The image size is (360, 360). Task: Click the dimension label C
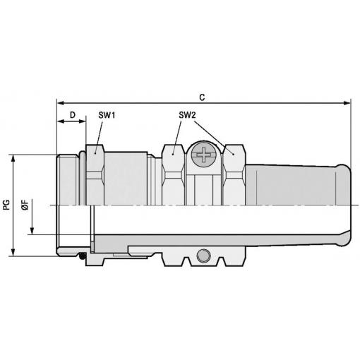click(202, 97)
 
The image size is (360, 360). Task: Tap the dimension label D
click(73, 115)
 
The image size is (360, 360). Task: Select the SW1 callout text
click(107, 115)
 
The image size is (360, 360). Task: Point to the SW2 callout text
click(187, 115)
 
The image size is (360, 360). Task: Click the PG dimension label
click(6, 205)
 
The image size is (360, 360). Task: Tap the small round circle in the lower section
click(203, 256)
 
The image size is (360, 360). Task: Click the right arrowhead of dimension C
click(347, 103)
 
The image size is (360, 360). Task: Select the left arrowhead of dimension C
click(61, 103)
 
